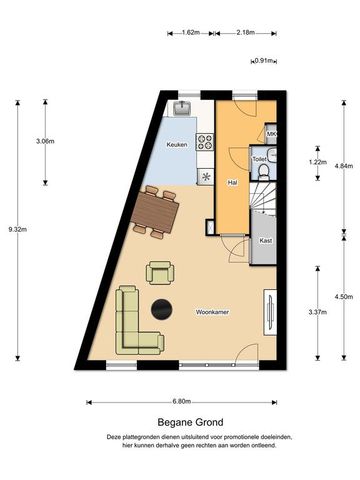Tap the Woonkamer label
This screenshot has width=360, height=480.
(213, 312)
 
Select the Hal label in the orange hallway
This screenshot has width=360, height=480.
(232, 183)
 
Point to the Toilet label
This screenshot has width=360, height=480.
(259, 159)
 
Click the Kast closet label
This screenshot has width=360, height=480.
(265, 241)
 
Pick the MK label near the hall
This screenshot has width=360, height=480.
(271, 135)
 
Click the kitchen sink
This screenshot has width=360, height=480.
(185, 106)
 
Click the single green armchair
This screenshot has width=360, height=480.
(160, 271)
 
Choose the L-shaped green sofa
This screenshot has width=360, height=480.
(130, 322)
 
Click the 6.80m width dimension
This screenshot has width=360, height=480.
(181, 401)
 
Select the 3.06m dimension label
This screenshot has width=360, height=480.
(45, 141)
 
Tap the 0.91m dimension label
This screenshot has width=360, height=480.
(265, 61)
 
